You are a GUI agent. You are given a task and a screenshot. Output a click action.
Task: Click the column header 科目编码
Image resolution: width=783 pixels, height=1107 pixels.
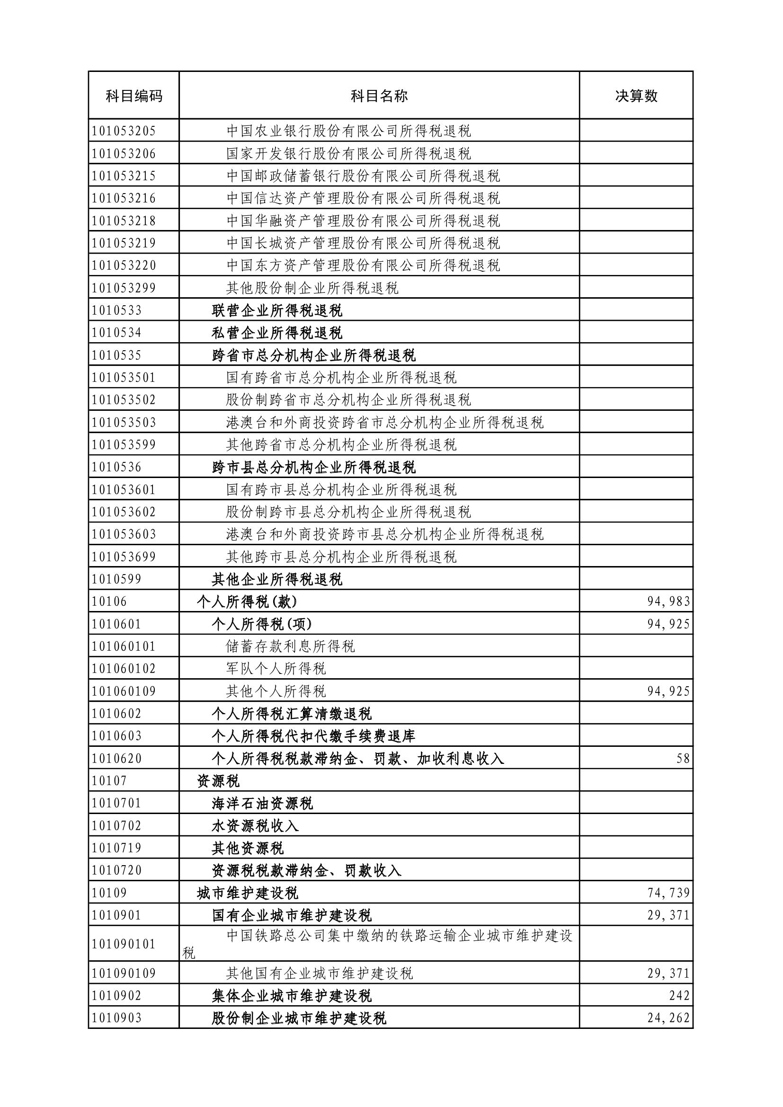pyautogui.click(x=133, y=96)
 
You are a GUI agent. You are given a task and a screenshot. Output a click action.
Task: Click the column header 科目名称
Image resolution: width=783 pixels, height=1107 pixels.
pyautogui.click(x=379, y=96)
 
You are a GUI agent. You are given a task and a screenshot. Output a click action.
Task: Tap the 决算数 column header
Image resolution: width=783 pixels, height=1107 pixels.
pyautogui.click(x=636, y=96)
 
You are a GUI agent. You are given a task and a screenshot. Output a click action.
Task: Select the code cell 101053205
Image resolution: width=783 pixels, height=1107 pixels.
pyautogui.click(x=124, y=131)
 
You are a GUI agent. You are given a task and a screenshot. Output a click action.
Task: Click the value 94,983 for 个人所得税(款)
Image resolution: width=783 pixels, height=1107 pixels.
pyautogui.click(x=668, y=601)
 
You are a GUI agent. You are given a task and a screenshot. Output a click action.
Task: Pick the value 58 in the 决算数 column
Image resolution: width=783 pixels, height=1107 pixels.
pyautogui.click(x=683, y=758)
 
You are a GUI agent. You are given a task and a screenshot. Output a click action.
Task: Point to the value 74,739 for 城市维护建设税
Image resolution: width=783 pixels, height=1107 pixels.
pyautogui.click(x=668, y=893)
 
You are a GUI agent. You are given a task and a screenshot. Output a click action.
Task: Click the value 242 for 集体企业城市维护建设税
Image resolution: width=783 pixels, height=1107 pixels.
pyautogui.click(x=679, y=995)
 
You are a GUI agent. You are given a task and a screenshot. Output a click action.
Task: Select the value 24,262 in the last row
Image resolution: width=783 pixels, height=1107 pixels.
pyautogui.click(x=668, y=1018)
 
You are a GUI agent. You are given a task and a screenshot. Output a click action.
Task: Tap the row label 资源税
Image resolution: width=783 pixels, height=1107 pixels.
pyautogui.click(x=218, y=780)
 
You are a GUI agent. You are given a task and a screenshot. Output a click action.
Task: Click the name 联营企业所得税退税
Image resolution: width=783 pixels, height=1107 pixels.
pyautogui.click(x=277, y=310)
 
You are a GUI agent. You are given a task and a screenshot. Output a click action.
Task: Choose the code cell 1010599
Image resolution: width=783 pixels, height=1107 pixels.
pyautogui.click(x=116, y=578)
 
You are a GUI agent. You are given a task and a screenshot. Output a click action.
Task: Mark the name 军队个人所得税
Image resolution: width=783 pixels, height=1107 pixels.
pyautogui.click(x=276, y=668)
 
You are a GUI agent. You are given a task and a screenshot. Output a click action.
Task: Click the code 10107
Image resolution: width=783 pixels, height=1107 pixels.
pyautogui.click(x=109, y=780)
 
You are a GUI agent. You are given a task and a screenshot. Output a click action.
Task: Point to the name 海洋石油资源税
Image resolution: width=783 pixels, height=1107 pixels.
pyautogui.click(x=262, y=803)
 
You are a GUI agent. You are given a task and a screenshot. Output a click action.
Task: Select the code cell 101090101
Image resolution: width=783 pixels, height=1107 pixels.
pyautogui.click(x=124, y=944)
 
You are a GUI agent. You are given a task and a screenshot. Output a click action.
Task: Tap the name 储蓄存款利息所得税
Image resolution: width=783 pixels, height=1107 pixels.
pyautogui.click(x=290, y=646)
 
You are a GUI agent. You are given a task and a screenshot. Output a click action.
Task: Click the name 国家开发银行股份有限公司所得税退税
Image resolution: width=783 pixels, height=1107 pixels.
pyautogui.click(x=348, y=153)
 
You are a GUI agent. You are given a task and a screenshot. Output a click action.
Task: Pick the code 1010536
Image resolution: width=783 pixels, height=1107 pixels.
pyautogui.click(x=116, y=467)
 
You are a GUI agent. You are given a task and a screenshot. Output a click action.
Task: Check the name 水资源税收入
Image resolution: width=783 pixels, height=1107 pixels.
pyautogui.click(x=255, y=825)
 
